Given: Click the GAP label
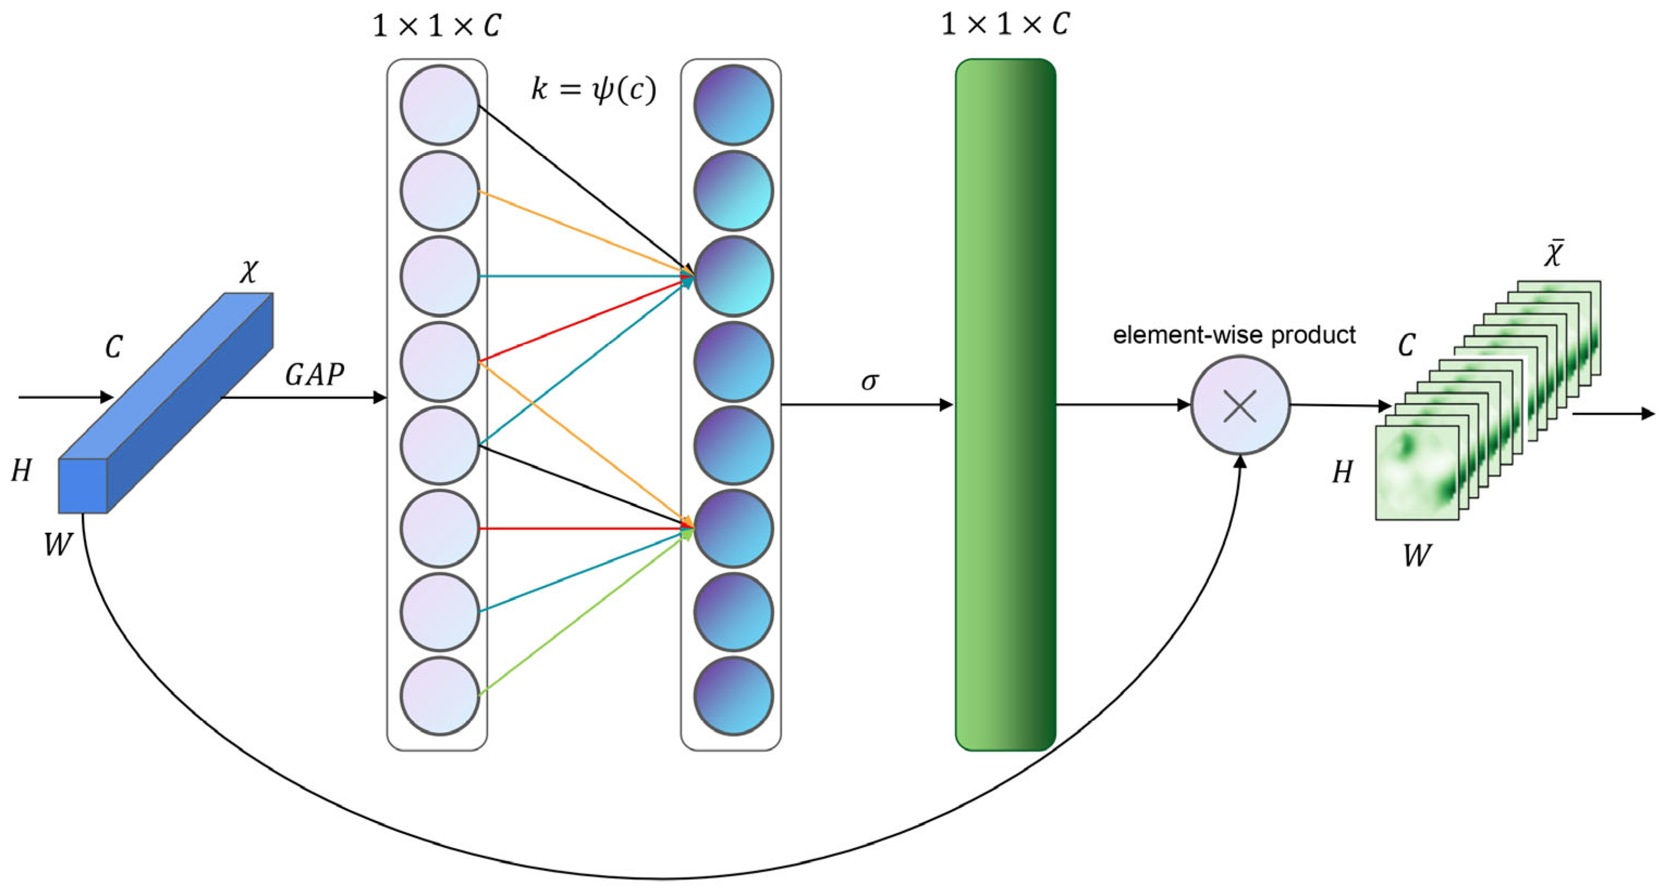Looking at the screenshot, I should (x=315, y=374).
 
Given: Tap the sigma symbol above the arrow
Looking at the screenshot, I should (x=869, y=381).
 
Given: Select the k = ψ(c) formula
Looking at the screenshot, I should (x=593, y=89).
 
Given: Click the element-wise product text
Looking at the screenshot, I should (x=1234, y=335).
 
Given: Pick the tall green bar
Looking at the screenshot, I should (x=1005, y=405).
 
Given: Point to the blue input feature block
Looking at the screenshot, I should (x=165, y=404).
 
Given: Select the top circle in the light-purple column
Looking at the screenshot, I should (x=439, y=104).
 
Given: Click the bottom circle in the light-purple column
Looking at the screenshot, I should (x=439, y=695).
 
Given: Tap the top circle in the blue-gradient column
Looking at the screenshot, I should (x=733, y=104).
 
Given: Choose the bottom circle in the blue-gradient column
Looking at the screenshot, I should (x=733, y=695).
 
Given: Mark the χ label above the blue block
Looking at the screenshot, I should (x=249, y=271).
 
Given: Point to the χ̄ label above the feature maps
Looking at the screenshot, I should (x=1554, y=254).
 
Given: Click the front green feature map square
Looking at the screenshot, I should (x=1416, y=472).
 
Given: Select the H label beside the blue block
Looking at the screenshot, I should (x=21, y=471).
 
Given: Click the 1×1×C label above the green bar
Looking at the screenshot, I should (x=1005, y=24).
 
